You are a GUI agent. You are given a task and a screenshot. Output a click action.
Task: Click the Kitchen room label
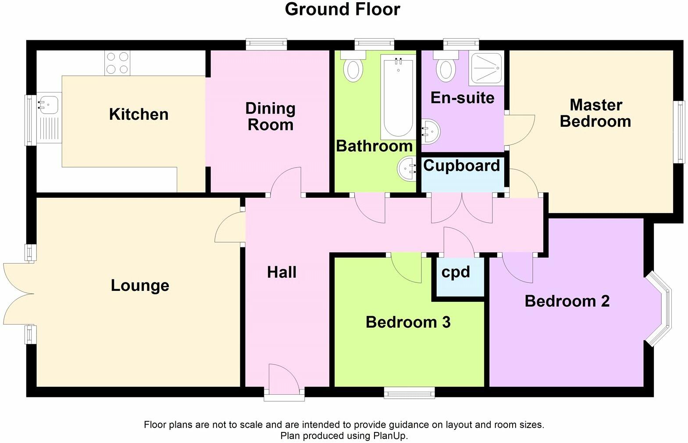[x=139, y=114]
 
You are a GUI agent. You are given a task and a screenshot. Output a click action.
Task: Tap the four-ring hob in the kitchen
[x=118, y=63]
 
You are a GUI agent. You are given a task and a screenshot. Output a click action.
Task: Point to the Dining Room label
[x=270, y=116]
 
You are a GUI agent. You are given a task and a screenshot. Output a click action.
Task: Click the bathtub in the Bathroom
[x=398, y=97]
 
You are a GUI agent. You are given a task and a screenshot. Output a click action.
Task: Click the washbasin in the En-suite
[x=431, y=132]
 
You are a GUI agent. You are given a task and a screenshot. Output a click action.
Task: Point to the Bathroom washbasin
[x=407, y=169]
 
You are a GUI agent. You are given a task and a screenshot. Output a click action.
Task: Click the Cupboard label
[x=461, y=166]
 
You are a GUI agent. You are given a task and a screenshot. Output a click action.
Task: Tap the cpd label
[x=456, y=272]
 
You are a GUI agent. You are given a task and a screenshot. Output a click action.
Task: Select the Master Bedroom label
[x=595, y=113]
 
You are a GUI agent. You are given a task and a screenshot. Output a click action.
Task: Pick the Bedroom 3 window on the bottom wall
[x=410, y=393]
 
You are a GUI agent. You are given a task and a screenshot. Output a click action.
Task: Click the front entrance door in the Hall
[x=284, y=382]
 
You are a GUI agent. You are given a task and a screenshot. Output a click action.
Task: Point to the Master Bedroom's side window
[x=679, y=132]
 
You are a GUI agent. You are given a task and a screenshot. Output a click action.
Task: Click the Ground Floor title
[x=342, y=9]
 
